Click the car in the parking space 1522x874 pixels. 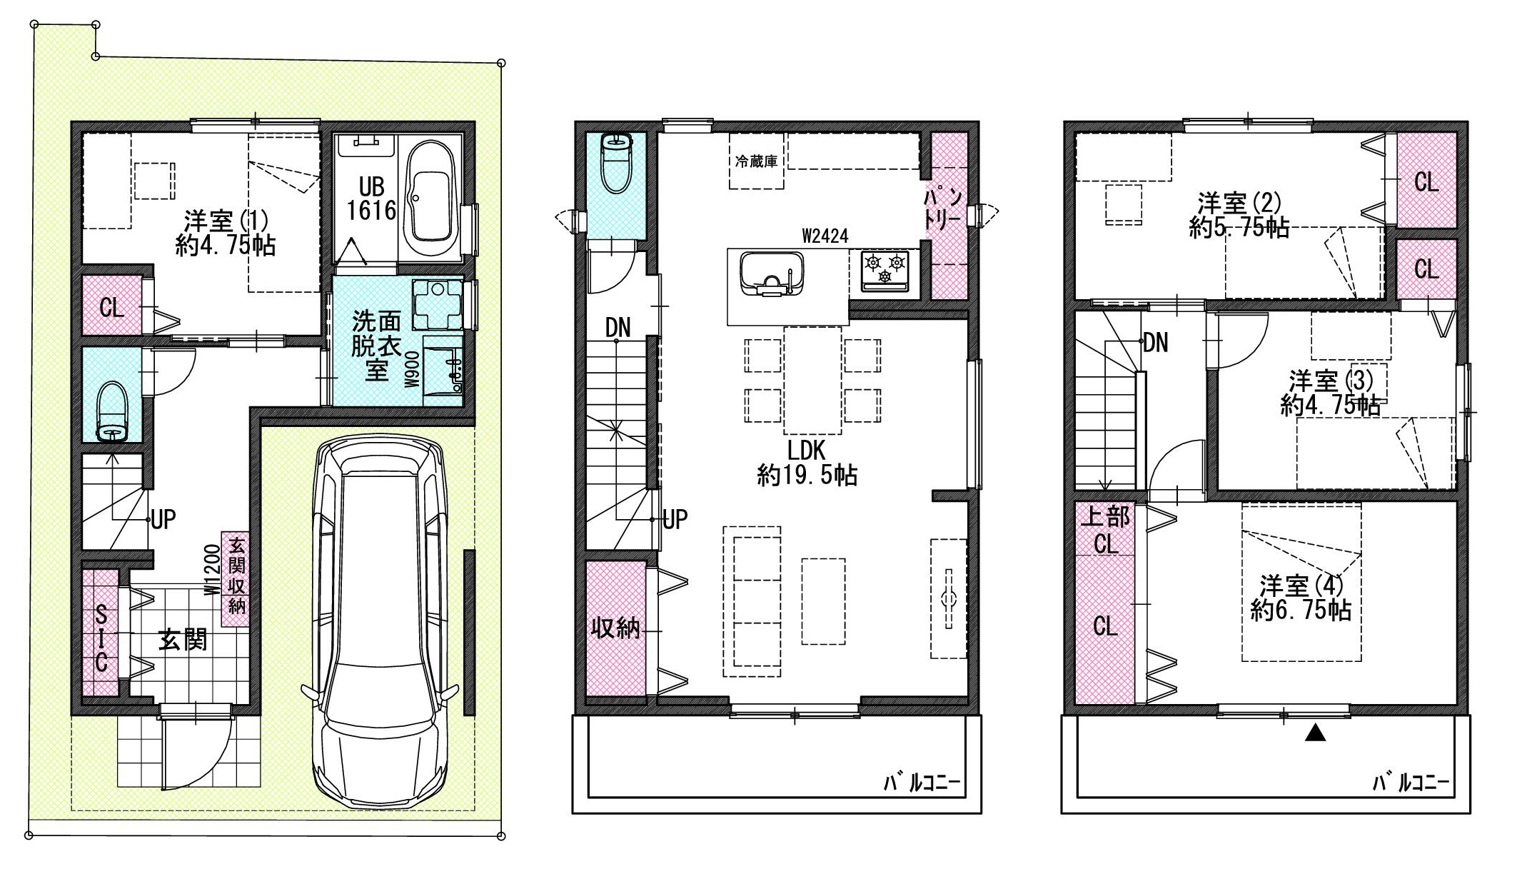tap(379, 621)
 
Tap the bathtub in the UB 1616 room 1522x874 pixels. tap(430, 202)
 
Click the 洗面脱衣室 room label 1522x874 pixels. tap(376, 346)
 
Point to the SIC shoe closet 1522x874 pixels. tap(101, 633)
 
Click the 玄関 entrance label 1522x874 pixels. tap(183, 640)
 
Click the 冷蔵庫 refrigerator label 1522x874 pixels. tap(756, 161)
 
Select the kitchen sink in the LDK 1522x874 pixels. tap(771, 273)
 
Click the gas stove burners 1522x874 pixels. tap(885, 271)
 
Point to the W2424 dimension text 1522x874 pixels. tap(825, 236)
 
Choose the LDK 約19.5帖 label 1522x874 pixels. tap(807, 463)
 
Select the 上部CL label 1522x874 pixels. tap(1105, 530)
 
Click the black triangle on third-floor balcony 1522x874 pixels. tap(1315, 733)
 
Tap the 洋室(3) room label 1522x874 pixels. tap(1329, 393)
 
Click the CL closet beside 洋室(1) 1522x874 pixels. tap(112, 307)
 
